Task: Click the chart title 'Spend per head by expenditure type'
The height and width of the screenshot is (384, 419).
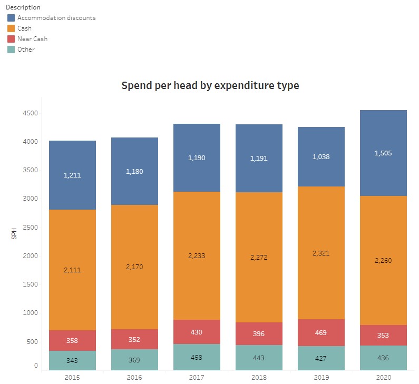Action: point(210,85)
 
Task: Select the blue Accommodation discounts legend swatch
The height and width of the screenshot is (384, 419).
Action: point(11,18)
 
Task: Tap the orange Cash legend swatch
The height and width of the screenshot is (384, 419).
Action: point(11,28)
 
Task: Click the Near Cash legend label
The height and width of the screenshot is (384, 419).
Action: point(33,39)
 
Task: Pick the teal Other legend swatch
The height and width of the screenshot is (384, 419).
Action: point(11,50)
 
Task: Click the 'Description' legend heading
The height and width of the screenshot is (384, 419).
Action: point(23,7)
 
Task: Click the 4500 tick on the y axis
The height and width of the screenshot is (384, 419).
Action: point(30,113)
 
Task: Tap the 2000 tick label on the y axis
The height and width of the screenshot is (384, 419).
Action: point(30,256)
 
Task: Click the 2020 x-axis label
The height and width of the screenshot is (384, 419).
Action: point(384,378)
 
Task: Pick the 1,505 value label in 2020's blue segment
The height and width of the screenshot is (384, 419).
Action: point(383,153)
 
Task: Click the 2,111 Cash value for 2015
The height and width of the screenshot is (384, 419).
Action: point(72,270)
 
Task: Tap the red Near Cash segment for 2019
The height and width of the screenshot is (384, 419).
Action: point(320,332)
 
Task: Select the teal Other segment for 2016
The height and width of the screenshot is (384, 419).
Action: point(134,360)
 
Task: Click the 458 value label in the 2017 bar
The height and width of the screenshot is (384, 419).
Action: point(197,358)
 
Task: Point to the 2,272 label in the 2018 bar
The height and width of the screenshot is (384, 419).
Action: point(259,258)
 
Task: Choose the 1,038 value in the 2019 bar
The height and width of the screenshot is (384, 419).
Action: point(320,156)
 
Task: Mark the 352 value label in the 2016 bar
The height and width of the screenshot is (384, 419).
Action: point(134,339)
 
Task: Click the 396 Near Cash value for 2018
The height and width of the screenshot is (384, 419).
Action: point(259,334)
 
